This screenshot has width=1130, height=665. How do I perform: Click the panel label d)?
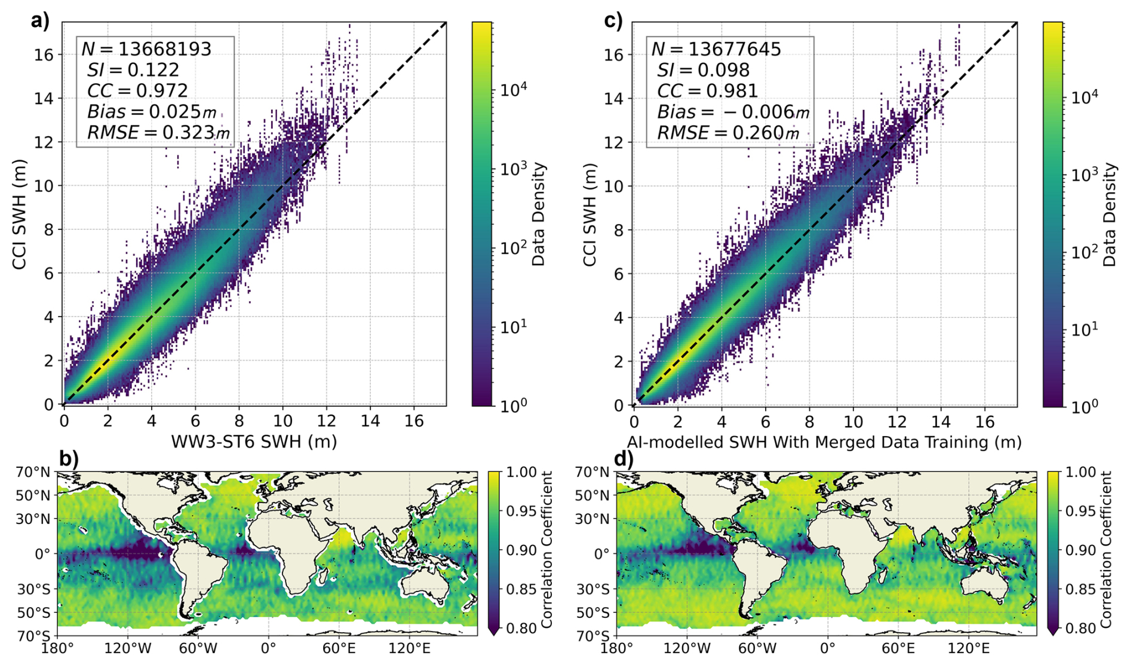tap(623, 459)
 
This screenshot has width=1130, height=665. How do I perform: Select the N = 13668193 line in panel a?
tap(146, 49)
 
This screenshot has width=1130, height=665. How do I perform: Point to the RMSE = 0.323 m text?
tap(158, 133)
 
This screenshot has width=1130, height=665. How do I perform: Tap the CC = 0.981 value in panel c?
tap(707, 91)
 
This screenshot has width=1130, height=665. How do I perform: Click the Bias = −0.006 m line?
tap(733, 112)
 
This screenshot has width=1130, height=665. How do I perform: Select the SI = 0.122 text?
tap(133, 70)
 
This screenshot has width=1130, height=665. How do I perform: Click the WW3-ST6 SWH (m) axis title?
tap(254, 442)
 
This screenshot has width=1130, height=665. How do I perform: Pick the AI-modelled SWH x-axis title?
tap(824, 442)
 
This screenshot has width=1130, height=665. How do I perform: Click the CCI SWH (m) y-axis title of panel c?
tap(589, 214)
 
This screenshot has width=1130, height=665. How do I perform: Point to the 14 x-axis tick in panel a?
tap(370, 421)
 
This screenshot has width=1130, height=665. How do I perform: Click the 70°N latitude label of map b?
tap(33, 472)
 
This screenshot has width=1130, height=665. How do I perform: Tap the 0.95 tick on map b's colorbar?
tap(521, 511)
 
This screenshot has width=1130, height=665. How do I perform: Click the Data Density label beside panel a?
tap(539, 214)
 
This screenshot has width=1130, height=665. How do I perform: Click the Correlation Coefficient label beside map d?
tap(1106, 550)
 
